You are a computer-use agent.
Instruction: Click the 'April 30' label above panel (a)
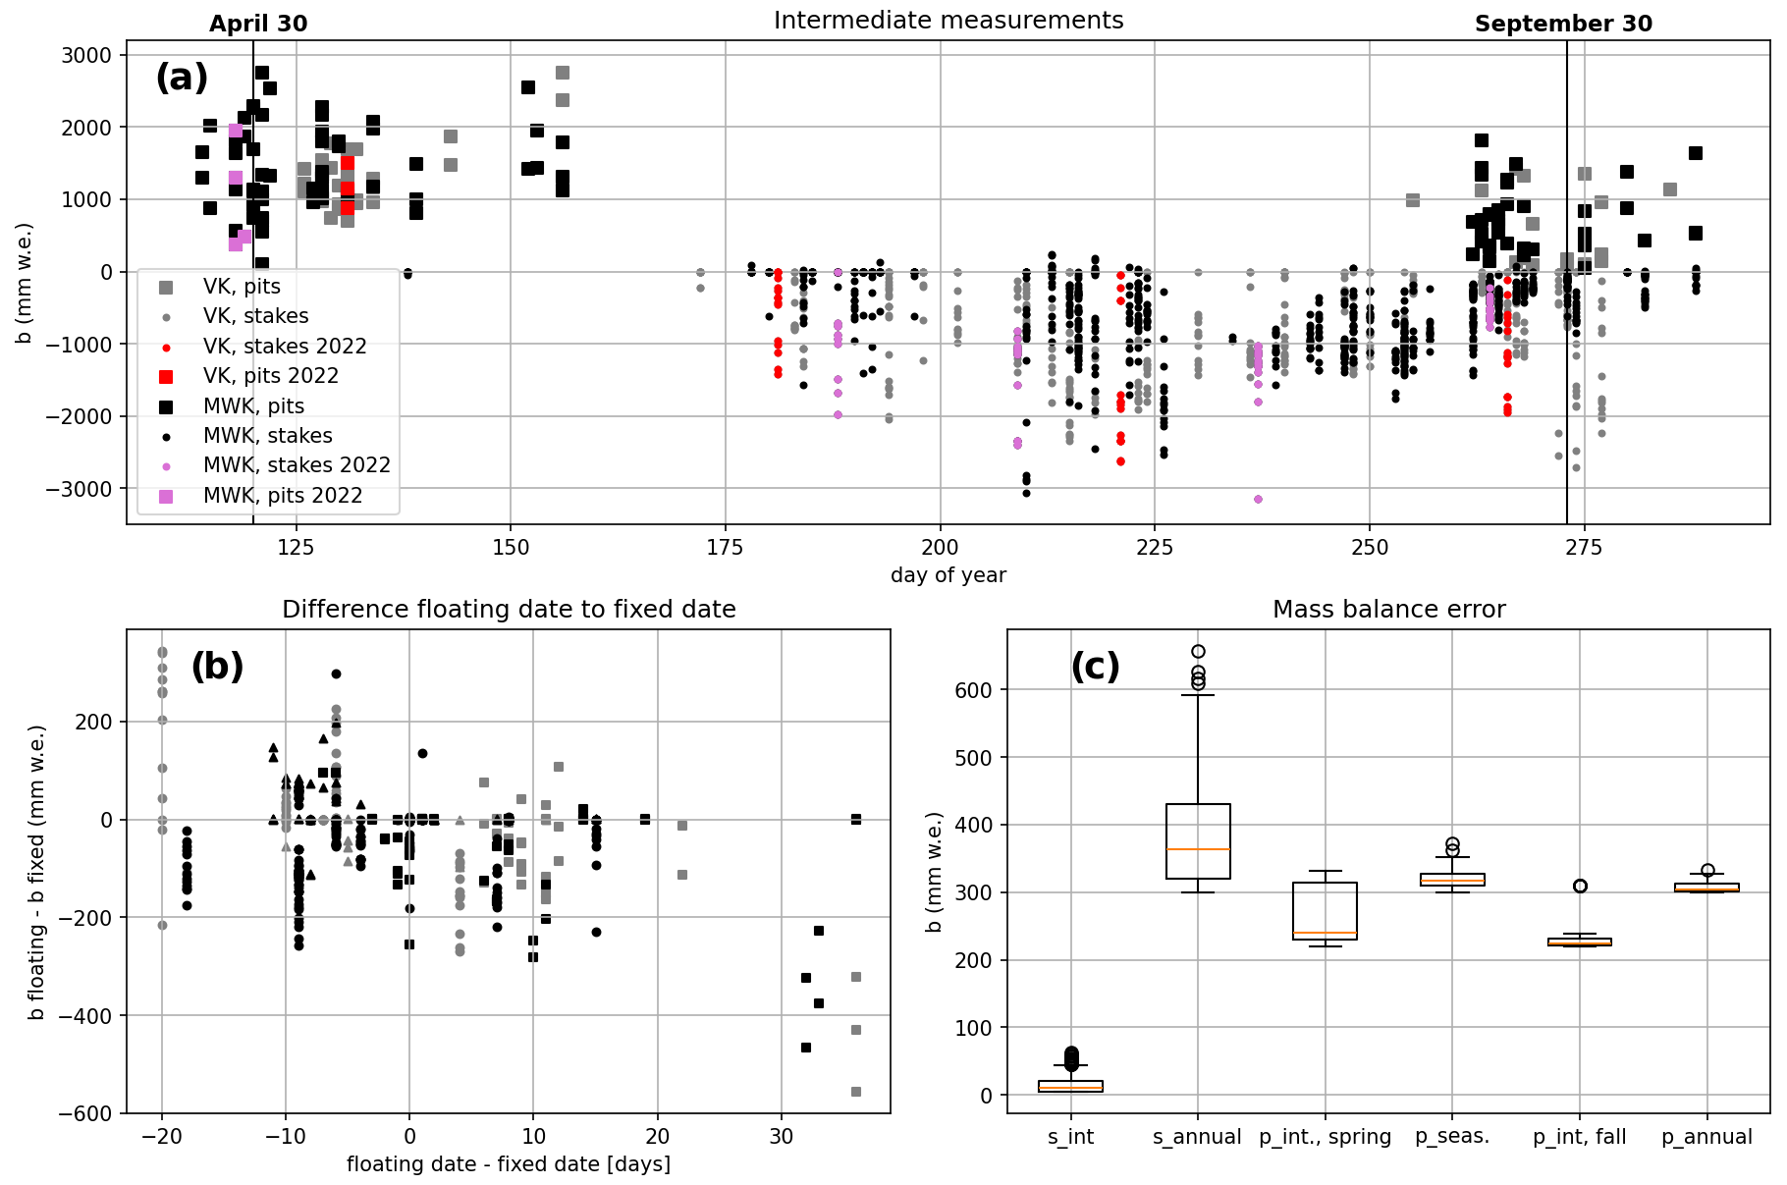tap(258, 24)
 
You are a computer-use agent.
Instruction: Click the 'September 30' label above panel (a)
tap(1563, 24)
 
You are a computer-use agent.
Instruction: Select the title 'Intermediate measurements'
tap(948, 21)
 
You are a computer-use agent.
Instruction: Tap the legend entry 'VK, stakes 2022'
tap(285, 347)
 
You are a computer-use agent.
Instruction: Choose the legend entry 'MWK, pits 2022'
tap(283, 496)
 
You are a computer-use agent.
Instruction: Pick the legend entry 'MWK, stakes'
tap(267, 436)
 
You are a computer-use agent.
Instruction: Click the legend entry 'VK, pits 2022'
tap(270, 376)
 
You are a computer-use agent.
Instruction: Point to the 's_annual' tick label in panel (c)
tap(1197, 1137)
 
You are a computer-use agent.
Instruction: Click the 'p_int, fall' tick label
tap(1579, 1137)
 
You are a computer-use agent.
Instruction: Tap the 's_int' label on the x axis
tap(1070, 1137)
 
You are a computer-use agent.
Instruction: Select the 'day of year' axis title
tap(948, 575)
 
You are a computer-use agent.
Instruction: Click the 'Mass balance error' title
tap(1388, 610)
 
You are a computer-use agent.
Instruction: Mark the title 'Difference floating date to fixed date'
tap(509, 610)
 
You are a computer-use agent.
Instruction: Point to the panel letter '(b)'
tap(217, 666)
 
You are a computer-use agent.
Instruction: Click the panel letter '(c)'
tap(1095, 666)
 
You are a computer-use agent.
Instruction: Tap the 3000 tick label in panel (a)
tap(86, 55)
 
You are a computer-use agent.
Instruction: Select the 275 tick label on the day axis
tap(1584, 548)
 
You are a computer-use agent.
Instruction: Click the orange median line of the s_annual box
tap(1198, 849)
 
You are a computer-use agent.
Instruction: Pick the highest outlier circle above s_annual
tap(1198, 652)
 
